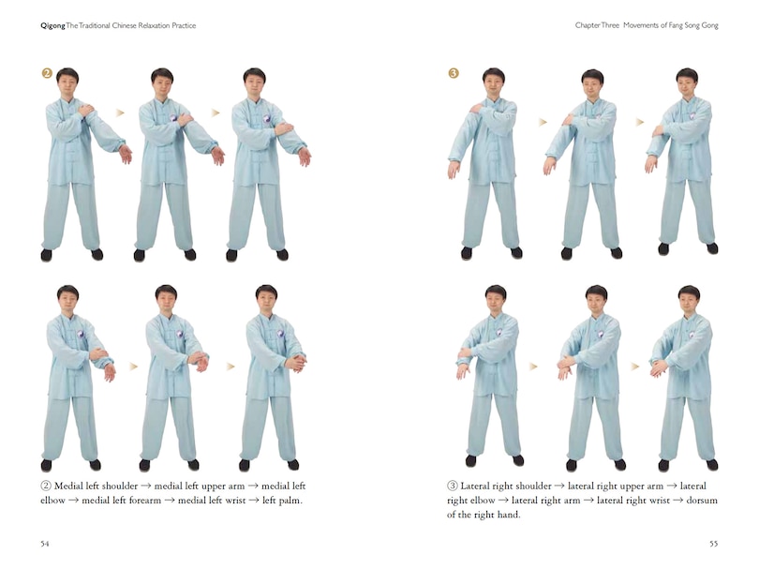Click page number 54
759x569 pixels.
(45, 543)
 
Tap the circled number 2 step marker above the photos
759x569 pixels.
(45, 71)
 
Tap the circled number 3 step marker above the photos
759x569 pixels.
(454, 72)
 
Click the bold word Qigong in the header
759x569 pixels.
(52, 25)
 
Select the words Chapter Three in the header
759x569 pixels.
(600, 25)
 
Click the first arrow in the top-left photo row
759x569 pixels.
(120, 112)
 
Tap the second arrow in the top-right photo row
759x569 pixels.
(641, 122)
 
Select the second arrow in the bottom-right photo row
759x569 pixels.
(634, 367)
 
